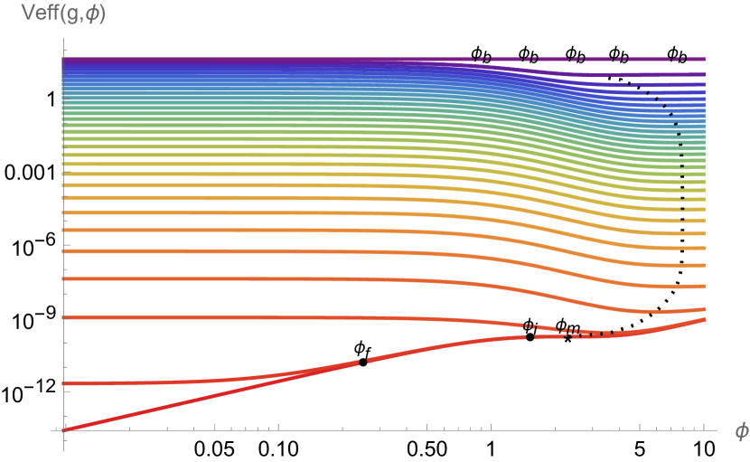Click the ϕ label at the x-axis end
coord(741,432)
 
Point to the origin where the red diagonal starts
coord(63,429)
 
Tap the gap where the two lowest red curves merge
coord(363,362)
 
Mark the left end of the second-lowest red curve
coord(64,383)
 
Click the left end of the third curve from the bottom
coord(64,317)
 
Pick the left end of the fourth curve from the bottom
coord(64,279)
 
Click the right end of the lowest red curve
coord(704,318)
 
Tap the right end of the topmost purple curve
coord(704,60)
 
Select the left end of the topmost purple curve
coord(64,60)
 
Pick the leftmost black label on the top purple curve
coord(483,60)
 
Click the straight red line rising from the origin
coord(208,396)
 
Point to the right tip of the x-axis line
coord(717,429)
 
